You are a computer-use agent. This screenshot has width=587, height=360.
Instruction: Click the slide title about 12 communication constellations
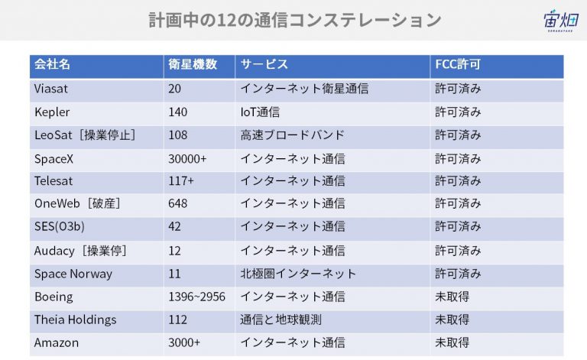click(294, 20)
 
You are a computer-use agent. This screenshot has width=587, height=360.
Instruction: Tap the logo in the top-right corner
click(561, 20)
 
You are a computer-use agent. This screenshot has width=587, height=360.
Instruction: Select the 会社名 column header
click(52, 64)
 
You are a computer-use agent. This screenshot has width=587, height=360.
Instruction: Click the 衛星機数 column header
click(193, 64)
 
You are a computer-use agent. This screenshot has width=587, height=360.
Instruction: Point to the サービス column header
click(264, 64)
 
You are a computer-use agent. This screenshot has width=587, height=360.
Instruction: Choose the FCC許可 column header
click(458, 64)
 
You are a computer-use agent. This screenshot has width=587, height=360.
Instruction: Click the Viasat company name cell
click(51, 89)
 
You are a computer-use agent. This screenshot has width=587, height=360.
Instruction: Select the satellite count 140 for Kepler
click(177, 112)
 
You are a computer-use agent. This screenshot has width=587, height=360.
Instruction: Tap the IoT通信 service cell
click(260, 112)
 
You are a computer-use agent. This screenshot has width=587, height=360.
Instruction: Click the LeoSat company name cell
click(85, 135)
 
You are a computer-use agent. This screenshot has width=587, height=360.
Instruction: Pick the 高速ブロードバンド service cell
click(292, 135)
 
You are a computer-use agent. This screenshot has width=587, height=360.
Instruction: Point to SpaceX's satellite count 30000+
click(187, 159)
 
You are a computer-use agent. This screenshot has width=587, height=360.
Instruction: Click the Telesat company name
click(54, 181)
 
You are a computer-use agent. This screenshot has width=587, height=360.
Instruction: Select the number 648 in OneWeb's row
click(177, 203)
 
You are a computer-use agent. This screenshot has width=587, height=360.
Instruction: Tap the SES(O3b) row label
click(60, 226)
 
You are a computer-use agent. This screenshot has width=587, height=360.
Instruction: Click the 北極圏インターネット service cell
click(298, 274)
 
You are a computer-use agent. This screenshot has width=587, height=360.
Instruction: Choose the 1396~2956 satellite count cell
click(196, 297)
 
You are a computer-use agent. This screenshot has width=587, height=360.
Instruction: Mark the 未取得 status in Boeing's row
click(452, 297)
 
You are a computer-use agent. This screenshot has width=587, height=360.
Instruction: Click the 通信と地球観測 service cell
click(281, 319)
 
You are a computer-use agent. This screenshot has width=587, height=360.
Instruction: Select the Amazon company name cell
click(57, 342)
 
